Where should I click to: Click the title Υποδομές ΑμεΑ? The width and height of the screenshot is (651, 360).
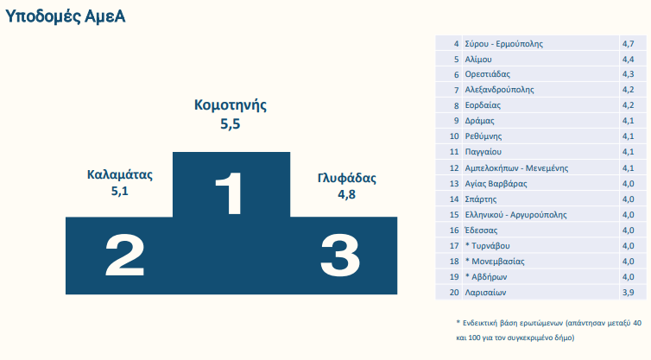click(65, 16)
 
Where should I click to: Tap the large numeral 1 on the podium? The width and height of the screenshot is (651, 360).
click(229, 193)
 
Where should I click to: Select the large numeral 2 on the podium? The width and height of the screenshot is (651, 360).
click(124, 255)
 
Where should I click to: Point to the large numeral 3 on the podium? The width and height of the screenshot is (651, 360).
click(340, 255)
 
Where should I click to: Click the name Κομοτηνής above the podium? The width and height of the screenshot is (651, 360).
click(231, 104)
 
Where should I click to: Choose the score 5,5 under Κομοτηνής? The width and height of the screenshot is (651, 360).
click(231, 123)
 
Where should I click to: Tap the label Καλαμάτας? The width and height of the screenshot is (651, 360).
click(119, 174)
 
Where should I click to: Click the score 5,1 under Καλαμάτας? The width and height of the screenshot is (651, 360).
click(119, 191)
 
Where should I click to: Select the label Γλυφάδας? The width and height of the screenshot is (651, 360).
click(347, 178)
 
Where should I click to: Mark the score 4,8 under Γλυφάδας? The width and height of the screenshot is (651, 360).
click(347, 194)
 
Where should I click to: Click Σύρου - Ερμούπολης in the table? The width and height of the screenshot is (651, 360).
click(503, 44)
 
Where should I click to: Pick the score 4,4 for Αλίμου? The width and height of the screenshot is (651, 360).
click(628, 60)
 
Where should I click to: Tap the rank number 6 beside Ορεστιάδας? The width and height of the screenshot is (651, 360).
click(456, 74)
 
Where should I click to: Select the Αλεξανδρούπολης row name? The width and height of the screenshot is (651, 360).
click(499, 90)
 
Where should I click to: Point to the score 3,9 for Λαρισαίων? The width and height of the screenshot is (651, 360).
click(628, 293)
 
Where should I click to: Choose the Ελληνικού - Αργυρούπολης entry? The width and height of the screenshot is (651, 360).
click(515, 215)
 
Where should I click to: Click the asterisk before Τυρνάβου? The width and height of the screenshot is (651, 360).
click(467, 244)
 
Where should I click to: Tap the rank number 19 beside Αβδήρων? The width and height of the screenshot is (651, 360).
click(454, 277)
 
